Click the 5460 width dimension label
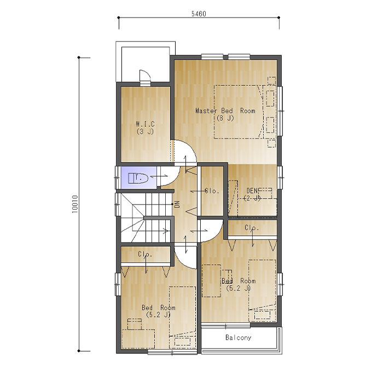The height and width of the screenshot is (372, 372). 199,14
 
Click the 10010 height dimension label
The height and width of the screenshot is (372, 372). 75,204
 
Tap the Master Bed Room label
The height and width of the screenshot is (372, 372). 225,111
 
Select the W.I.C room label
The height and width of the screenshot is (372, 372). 145,124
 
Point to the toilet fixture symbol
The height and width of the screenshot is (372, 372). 138,178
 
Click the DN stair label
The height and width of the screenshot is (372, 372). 177,204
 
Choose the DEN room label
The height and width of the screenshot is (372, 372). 252,190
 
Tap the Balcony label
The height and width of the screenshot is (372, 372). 238,338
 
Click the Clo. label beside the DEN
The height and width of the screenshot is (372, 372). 212,191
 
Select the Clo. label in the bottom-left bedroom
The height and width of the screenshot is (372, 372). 145,254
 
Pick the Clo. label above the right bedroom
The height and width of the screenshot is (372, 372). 252,228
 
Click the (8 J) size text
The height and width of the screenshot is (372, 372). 225,118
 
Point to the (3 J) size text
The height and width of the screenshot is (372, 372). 145,131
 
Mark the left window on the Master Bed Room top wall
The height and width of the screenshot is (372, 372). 212,57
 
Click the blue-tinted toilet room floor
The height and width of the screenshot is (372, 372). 139,178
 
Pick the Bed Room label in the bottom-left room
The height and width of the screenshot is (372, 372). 159,307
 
